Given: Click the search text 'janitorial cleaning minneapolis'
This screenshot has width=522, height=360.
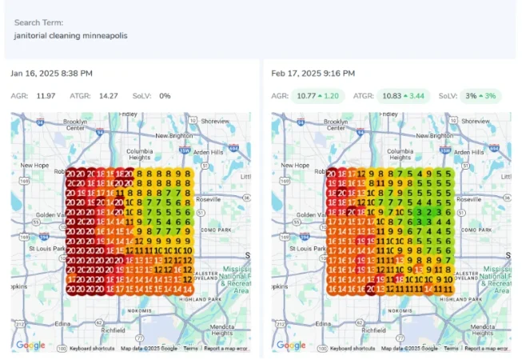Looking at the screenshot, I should pos(70,36).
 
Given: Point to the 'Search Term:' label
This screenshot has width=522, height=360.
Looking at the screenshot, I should pos(38,22).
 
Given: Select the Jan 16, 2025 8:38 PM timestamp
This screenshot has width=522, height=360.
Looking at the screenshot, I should pos(52,74).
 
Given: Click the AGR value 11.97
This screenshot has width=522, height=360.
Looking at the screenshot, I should pos(46,96).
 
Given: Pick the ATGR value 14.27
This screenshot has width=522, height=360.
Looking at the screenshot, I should pos(107,96).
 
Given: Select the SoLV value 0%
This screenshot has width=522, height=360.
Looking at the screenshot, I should pos(165,96).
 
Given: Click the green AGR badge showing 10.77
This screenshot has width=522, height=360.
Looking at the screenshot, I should pos(317,96).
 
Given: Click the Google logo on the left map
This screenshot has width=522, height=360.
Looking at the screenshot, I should pos(30,346).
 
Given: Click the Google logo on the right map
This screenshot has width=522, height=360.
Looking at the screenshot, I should pos(291,346).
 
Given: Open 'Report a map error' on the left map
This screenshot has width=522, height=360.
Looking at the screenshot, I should pos(227,349).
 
